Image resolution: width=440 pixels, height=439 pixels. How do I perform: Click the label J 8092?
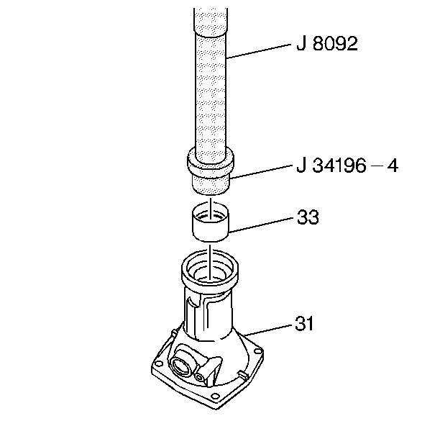point(326,45)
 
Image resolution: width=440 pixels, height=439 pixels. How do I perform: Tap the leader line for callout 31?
point(269,330)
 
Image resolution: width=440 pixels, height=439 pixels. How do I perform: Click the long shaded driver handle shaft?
point(210,79)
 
